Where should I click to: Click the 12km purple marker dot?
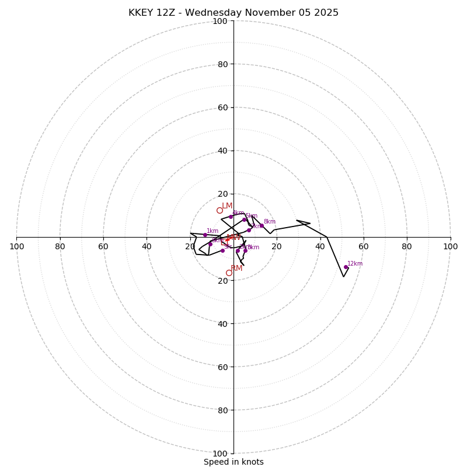[346, 267]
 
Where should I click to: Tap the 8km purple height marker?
[262, 226]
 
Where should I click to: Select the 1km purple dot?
[205, 235]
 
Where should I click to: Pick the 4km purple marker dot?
[231, 217]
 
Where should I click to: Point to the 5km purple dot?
[245, 219]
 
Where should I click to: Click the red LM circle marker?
[219, 210]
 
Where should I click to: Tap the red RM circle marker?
[229, 273]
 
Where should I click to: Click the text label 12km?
[355, 263]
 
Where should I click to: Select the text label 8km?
[269, 222]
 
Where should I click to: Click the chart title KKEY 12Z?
[233, 13]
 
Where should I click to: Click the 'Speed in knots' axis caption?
[233, 462]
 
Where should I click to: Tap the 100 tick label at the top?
[220, 21]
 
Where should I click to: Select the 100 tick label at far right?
[451, 246]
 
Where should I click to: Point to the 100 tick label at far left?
[16, 246]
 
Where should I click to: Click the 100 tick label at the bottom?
[220, 454]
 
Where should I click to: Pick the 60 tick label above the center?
[222, 107]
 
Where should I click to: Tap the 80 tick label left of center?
[60, 246]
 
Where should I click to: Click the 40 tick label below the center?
[222, 323]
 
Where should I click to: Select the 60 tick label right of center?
[364, 246]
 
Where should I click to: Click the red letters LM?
[227, 205]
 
